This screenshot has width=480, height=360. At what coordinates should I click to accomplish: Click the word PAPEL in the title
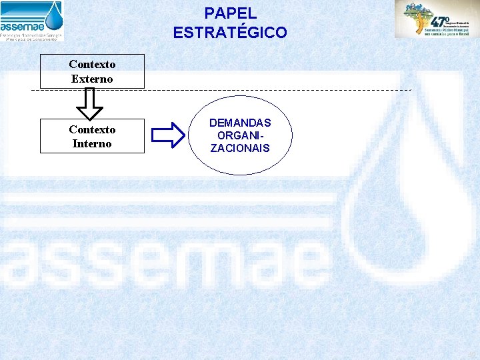coord(230,13)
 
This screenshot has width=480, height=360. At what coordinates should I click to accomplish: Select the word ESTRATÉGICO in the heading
coord(230,32)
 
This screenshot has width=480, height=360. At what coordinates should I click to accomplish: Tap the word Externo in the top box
coord(92,79)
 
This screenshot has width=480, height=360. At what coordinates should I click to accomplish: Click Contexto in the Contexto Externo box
coord(92,65)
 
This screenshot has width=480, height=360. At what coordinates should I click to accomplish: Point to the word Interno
coord(92,143)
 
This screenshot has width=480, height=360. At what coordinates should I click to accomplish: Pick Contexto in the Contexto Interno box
coord(92,129)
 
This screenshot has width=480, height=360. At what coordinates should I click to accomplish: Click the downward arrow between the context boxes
coord(90,103)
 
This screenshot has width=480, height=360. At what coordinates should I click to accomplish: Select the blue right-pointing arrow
coord(168,135)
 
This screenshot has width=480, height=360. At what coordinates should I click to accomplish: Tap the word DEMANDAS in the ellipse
coord(240,123)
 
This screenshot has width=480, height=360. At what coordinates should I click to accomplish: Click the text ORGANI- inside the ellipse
coord(240,135)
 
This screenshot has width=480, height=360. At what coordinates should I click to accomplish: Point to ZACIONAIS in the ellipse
coord(240,148)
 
